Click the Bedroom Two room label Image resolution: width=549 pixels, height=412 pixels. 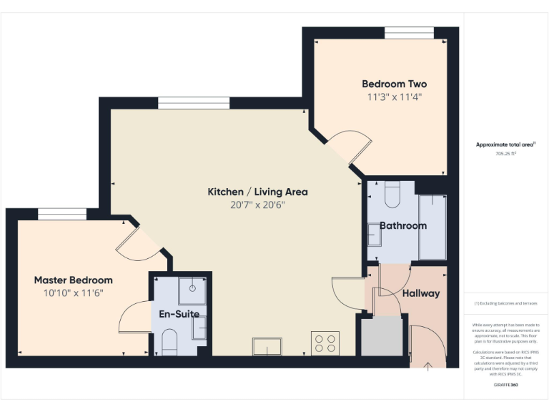coord(394,84)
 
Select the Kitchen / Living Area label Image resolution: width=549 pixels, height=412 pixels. coord(257,192)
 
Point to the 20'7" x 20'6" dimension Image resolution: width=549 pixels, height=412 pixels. coord(257,205)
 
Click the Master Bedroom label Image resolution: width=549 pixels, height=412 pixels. coord(73,280)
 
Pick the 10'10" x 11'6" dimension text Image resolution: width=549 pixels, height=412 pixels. coord(73,293)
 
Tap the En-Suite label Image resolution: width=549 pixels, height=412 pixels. coord(179,313)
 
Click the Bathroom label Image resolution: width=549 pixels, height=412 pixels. coord(402,225)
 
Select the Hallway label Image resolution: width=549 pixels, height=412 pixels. coord(420,293)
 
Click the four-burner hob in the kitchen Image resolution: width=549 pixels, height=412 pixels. coord(325,343)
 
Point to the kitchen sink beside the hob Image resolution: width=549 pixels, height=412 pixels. coord(267,346)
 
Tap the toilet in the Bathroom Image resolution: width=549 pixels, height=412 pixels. coord(392,193)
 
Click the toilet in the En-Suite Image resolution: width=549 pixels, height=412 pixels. coord(169,342)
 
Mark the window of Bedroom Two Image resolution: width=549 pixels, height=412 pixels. coord(409,33)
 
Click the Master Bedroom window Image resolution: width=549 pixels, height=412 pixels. coord(62,214)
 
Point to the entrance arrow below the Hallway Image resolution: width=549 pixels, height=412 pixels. coord(428,367)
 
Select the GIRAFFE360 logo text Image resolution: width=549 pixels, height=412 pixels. coord(505,386)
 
